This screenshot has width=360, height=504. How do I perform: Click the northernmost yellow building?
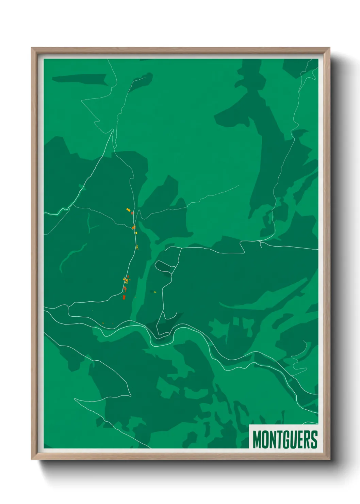[x=128, y=210]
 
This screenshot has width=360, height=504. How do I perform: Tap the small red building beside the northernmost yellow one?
[x=132, y=213]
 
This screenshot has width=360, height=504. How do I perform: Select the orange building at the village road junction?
[x=134, y=227]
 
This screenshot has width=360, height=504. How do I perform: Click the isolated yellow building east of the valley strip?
[x=154, y=292]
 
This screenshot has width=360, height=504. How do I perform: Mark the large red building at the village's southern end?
[x=124, y=297]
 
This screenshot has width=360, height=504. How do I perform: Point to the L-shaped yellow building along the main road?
[x=137, y=247]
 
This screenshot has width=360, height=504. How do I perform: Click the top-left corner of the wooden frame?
[x=32, y=48]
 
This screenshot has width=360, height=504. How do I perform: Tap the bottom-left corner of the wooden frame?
[x=32, y=459]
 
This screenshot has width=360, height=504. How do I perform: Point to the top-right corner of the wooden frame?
[x=329, y=48]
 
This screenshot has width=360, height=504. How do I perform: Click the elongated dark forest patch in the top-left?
[x=80, y=79]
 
